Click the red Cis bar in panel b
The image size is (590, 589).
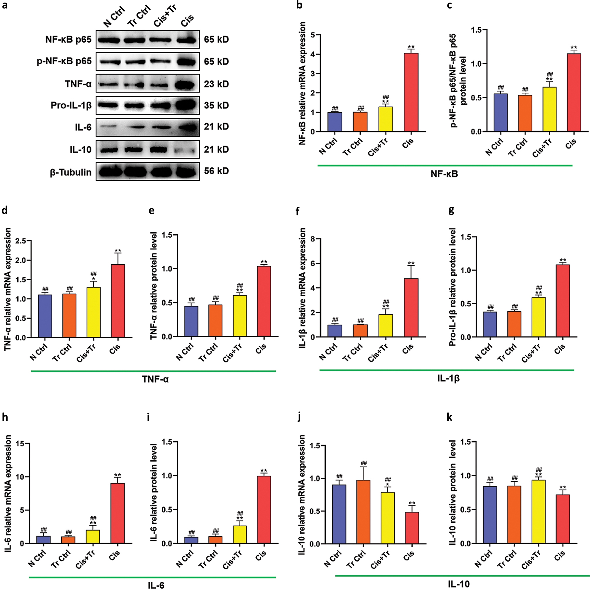point(411,92)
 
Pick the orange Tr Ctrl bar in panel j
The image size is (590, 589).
point(363,512)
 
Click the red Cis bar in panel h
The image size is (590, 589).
point(117,513)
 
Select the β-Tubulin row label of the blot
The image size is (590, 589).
point(70,172)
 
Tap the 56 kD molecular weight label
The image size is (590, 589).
point(217,171)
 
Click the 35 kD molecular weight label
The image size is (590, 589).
point(217,105)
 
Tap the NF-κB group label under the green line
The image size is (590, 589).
point(444,174)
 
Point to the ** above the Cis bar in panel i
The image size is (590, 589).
point(264,471)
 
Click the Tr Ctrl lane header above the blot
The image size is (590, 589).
point(139,16)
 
